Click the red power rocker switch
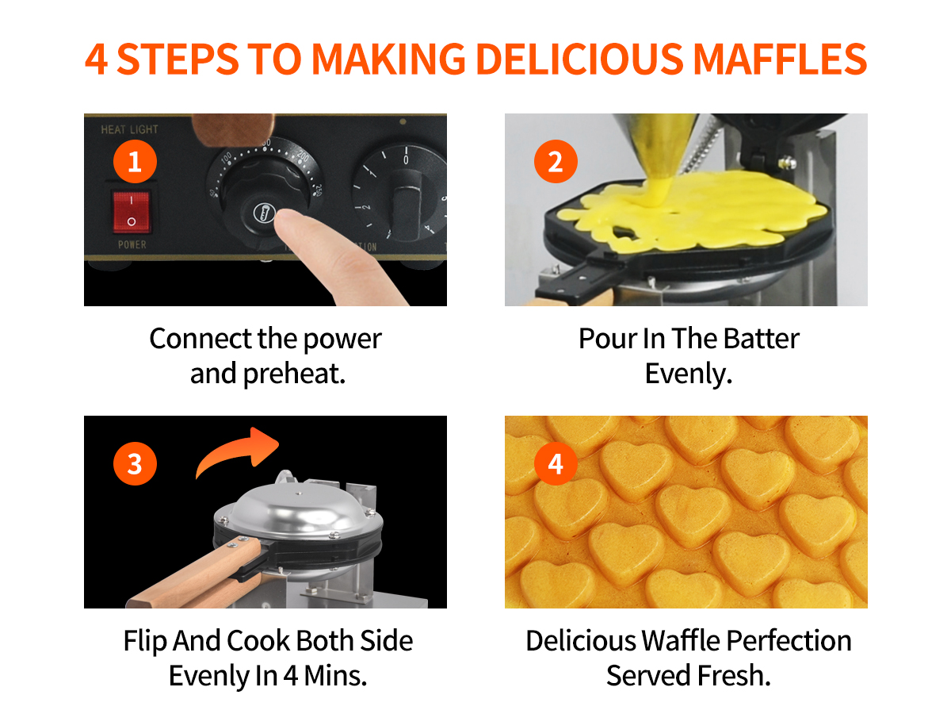tap(132, 212)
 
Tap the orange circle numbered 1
tap(135, 161)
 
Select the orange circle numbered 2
tap(556, 161)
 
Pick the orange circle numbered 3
tap(135, 463)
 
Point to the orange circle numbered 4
tap(556, 463)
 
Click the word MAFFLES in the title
tap(780, 59)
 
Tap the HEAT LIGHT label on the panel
tap(129, 129)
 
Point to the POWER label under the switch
tap(132, 244)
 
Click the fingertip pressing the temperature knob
tap(289, 222)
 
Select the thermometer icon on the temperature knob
tap(264, 213)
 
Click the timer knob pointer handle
tap(407, 204)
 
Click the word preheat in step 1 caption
tap(294, 374)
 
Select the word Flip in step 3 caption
tap(145, 641)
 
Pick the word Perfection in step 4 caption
tap(789, 641)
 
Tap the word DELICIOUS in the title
tap(579, 59)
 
